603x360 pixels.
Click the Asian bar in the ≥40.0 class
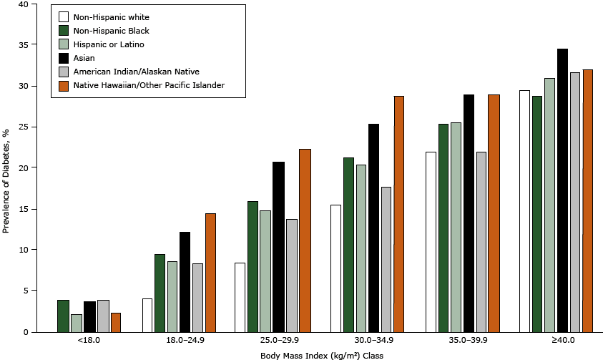[x=562, y=190]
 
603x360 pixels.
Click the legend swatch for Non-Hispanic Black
[x=64, y=30]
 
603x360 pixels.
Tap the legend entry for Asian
[x=84, y=57]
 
